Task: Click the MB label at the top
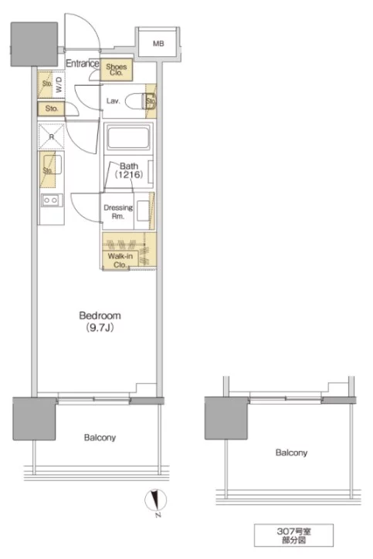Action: [x=158, y=43]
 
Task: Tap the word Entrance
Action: [x=83, y=63]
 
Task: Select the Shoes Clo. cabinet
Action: [x=117, y=69]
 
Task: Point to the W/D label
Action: [x=59, y=85]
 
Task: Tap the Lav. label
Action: [x=113, y=101]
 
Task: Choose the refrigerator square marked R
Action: [x=52, y=136]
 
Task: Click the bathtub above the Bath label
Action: [x=128, y=137]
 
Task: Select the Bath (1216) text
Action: [x=129, y=170]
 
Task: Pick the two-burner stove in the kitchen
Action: [x=52, y=200]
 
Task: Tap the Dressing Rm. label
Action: [x=118, y=212]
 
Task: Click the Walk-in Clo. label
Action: [x=120, y=261]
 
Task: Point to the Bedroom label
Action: [x=100, y=315]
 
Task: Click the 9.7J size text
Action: [x=100, y=328]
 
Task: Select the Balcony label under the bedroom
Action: [x=100, y=437]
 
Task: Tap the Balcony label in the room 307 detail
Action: [x=291, y=453]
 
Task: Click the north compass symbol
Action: [x=156, y=500]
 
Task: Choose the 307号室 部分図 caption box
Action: [x=293, y=535]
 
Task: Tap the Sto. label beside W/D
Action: [x=47, y=84]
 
